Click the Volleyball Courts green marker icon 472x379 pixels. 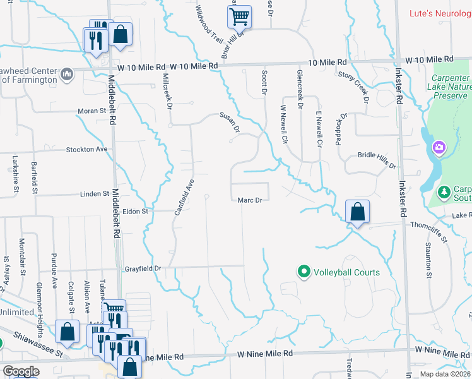[x=304, y=272]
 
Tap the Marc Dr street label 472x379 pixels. [x=249, y=201]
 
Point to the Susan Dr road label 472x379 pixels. [x=230, y=123]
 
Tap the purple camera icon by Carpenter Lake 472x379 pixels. [x=439, y=148]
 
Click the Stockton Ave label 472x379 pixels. [x=87, y=150]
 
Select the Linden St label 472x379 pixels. [x=95, y=193]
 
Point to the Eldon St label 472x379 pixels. [x=135, y=212]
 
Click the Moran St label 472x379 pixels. [x=91, y=111]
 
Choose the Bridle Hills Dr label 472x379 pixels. [x=376, y=160]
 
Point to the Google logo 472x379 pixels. [x=21, y=371]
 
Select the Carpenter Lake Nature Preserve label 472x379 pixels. [x=449, y=87]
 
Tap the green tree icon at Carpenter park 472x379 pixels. [x=444, y=191]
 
